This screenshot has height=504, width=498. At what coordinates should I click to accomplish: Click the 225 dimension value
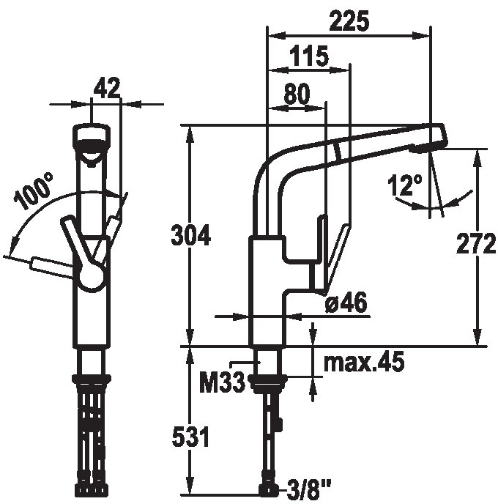click(349, 21)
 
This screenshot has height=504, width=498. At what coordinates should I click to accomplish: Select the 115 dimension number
click(309, 56)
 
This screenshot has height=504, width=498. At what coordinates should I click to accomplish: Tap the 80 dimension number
click(297, 94)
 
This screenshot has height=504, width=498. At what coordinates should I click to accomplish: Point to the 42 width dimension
click(107, 88)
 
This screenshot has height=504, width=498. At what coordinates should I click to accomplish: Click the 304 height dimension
click(191, 235)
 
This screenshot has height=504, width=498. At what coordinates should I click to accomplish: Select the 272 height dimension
click(476, 243)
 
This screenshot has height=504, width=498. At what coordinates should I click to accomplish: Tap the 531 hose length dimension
click(191, 437)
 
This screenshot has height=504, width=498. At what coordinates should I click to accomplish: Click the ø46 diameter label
click(346, 303)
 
